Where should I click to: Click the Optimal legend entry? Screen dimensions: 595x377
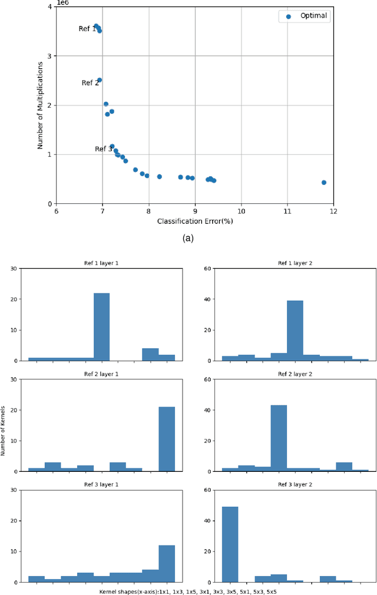click(305, 16)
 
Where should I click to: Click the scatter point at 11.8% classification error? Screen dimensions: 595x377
click(324, 183)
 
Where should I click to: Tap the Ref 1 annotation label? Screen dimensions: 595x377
click(87, 29)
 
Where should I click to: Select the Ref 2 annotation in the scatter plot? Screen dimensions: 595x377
click(90, 83)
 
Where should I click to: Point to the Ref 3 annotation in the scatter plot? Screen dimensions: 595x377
click(103, 149)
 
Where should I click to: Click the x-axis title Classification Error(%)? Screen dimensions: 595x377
click(194, 222)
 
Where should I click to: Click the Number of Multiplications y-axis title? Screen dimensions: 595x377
click(41, 105)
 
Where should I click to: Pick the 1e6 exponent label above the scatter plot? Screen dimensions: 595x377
click(62, 2)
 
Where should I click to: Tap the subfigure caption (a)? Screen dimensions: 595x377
click(188, 238)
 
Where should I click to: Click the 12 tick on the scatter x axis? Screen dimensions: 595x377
click(333, 211)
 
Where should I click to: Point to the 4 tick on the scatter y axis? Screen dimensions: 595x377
click(49, 6)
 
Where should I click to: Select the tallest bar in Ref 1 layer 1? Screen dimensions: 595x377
click(101, 326)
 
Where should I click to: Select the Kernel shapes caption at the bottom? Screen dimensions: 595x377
click(188, 590)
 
